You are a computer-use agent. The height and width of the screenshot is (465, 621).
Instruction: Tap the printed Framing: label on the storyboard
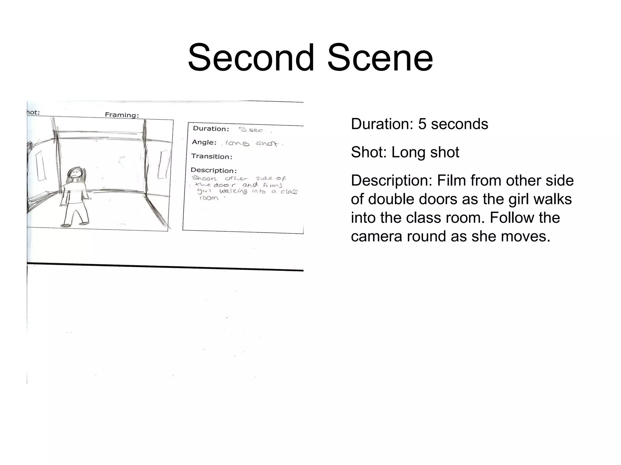tap(122, 115)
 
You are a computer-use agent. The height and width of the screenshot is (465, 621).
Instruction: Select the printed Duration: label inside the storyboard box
tap(211, 128)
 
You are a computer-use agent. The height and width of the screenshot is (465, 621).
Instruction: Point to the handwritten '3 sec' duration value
tap(251, 130)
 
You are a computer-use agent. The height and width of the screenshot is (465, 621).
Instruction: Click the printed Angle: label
tap(204, 142)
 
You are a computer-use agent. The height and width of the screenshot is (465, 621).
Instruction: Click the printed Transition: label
tap(212, 156)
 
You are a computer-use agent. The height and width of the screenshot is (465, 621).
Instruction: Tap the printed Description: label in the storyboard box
tap(213, 170)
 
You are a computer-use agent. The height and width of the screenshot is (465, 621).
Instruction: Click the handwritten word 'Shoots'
tap(204, 178)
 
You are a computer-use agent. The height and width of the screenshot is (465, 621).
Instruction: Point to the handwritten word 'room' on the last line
tap(209, 198)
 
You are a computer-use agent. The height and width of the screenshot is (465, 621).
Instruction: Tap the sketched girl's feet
tap(75, 224)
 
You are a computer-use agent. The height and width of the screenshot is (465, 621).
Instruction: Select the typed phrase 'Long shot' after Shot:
tap(425, 152)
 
